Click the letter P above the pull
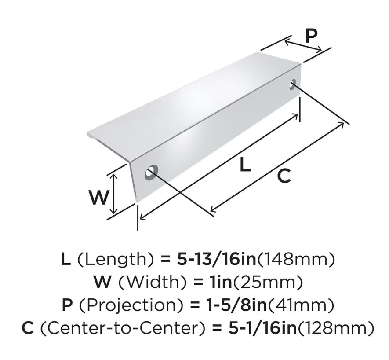click(x=311, y=36)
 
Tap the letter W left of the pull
click(x=99, y=198)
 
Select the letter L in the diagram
click(x=245, y=165)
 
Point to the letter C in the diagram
click(x=284, y=176)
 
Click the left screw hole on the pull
click(x=152, y=172)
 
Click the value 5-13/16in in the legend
click(x=216, y=259)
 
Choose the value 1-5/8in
click(x=237, y=305)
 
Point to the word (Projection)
click(x=131, y=305)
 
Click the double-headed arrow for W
click(x=113, y=194)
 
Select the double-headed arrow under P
click(x=303, y=46)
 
